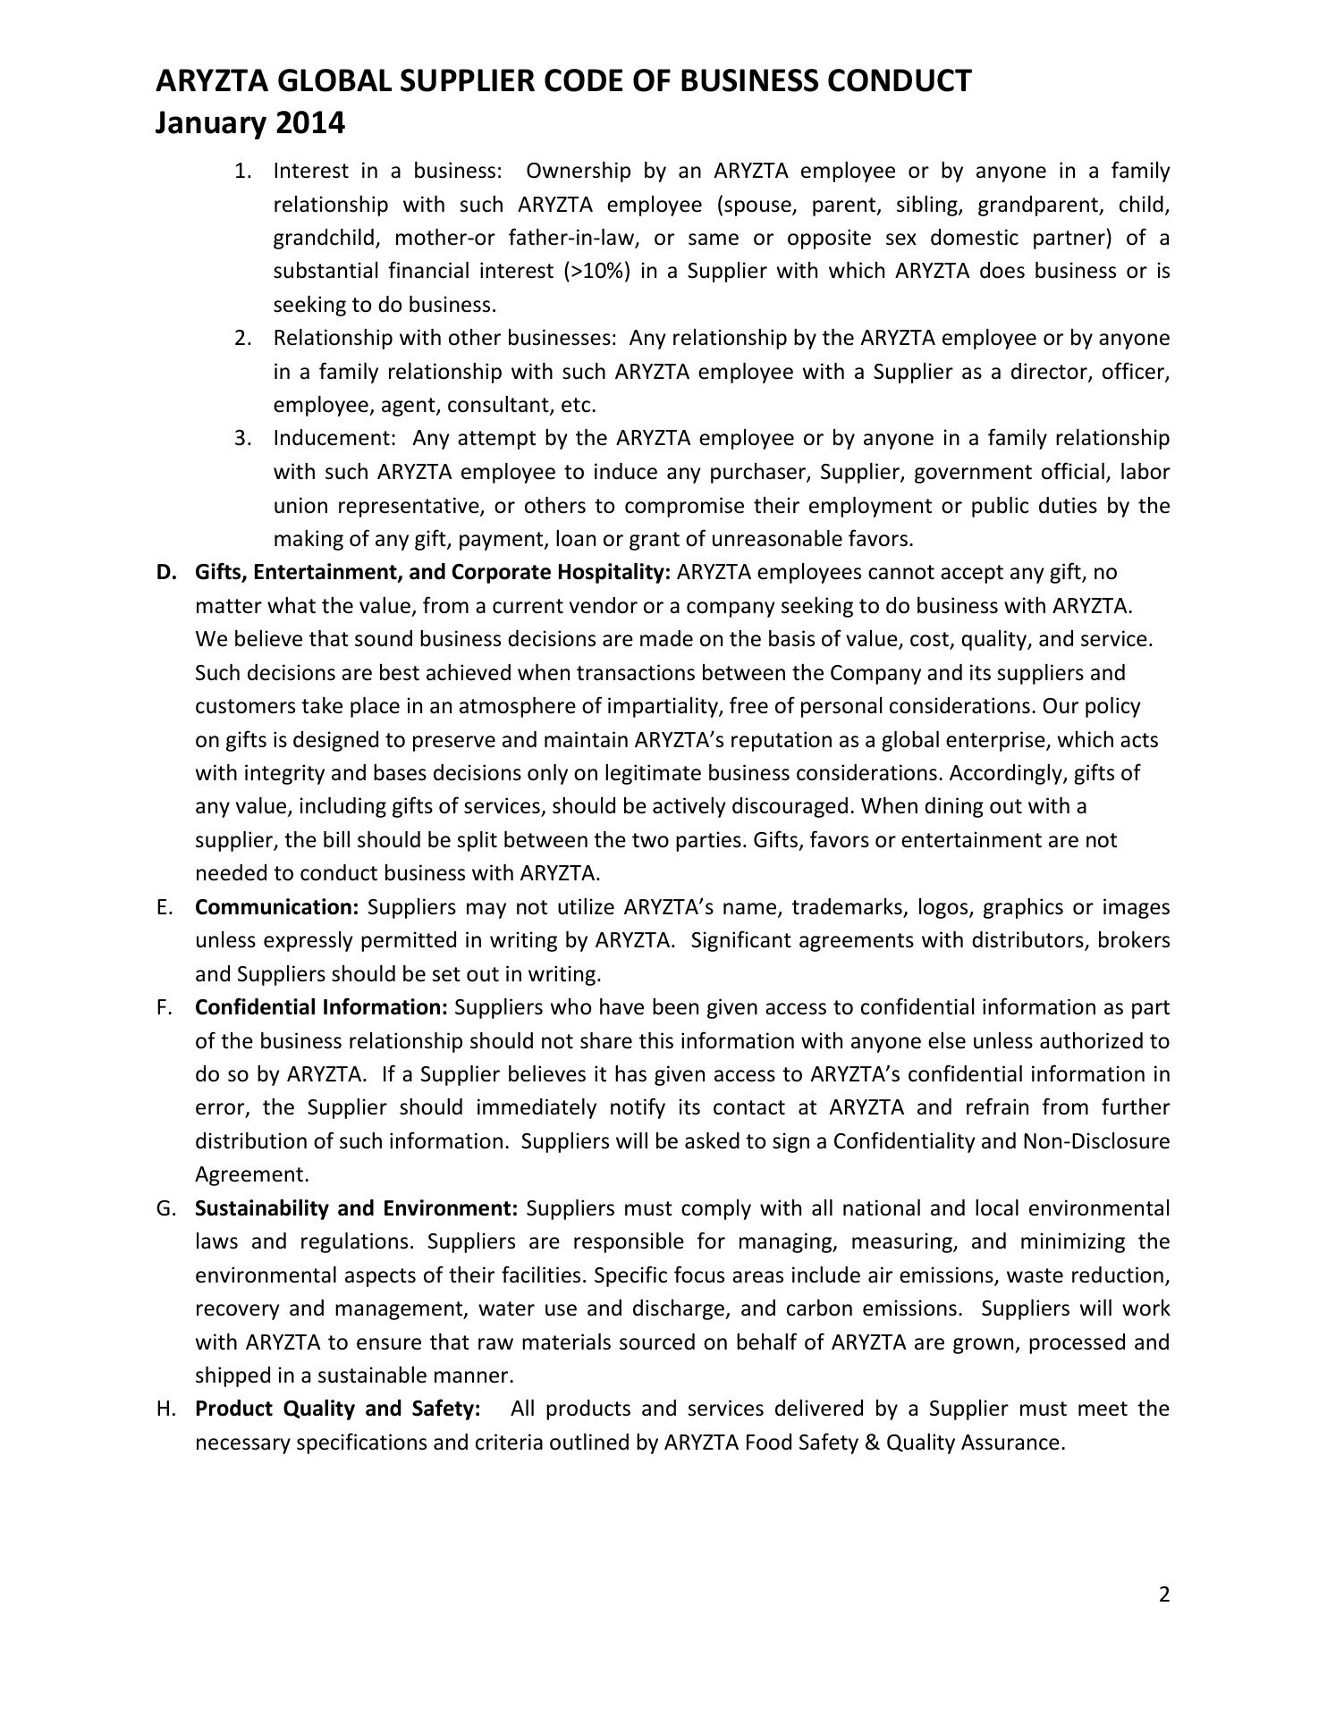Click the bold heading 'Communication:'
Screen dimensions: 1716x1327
276,907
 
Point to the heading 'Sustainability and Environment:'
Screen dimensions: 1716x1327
356,1208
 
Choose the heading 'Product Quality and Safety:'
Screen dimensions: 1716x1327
337,1409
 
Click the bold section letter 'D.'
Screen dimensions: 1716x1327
165,572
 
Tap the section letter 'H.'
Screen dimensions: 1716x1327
165,1409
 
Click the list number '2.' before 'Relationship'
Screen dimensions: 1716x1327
243,338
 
